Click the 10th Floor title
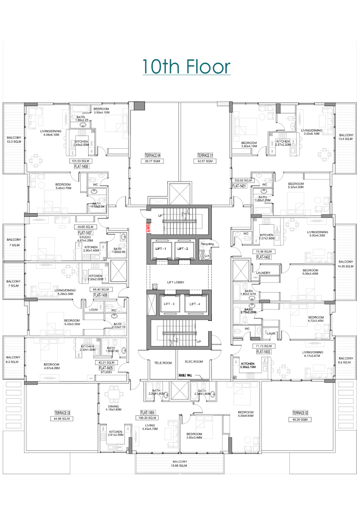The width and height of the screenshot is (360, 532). tap(186, 67)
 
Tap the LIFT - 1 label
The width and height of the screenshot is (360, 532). tap(161, 248)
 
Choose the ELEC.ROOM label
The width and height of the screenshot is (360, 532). tap(193, 361)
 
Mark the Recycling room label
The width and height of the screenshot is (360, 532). tap(207, 244)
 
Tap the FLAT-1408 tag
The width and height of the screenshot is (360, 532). tap(82, 167)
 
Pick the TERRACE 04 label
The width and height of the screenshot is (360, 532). tap(153, 155)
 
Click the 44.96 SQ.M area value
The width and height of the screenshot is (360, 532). tap(62, 418)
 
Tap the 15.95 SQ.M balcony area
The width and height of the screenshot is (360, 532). tap(179, 465)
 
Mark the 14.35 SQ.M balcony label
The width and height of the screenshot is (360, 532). tap(346, 266)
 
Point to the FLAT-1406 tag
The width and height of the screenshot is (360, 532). tap(101, 295)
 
